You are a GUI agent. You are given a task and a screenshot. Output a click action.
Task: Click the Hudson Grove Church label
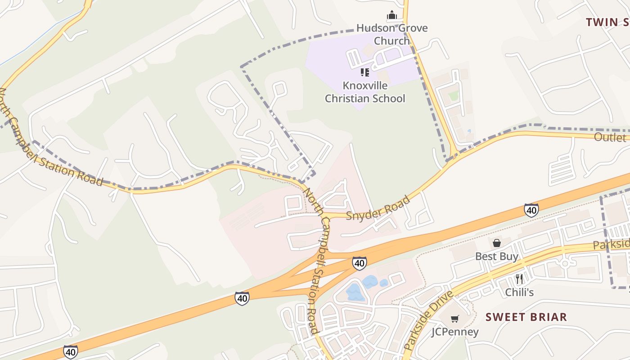pyautogui.click(x=392, y=34)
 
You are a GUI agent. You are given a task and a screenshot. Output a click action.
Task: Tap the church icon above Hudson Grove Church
pyautogui.click(x=392, y=15)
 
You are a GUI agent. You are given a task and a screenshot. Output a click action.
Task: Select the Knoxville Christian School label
pyautogui.click(x=365, y=92)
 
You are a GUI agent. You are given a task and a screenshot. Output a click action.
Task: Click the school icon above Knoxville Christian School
pyautogui.click(x=365, y=72)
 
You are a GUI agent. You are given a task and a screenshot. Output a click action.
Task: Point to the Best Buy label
pyautogui.click(x=497, y=256)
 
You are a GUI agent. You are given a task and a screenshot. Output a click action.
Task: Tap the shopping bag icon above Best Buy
pyautogui.click(x=497, y=243)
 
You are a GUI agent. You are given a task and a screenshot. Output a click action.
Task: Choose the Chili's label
pyautogui.click(x=519, y=292)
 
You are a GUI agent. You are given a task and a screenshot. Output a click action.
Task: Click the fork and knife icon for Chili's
pyautogui.click(x=519, y=279)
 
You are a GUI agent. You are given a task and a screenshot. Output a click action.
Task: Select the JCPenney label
pyautogui.click(x=455, y=332)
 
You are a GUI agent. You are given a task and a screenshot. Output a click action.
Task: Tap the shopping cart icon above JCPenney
pyautogui.click(x=455, y=319)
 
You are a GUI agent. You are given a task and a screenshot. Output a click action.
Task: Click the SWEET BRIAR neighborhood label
pyautogui.click(x=526, y=317)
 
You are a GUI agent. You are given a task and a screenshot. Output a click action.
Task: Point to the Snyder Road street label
pyautogui.click(x=378, y=208)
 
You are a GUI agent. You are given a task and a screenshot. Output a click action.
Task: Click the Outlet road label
pyautogui.click(x=610, y=137)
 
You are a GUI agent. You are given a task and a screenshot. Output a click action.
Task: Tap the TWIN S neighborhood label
pyautogui.click(x=607, y=22)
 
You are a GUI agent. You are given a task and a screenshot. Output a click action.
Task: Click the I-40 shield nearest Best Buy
pyautogui.click(x=531, y=210)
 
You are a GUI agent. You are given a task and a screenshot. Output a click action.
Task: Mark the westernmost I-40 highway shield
pyautogui.click(x=70, y=351)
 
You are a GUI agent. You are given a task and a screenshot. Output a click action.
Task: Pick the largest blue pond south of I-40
pyautogui.click(x=355, y=292)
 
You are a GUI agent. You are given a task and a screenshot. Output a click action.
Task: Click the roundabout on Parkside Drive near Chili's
pyautogui.click(x=565, y=263)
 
